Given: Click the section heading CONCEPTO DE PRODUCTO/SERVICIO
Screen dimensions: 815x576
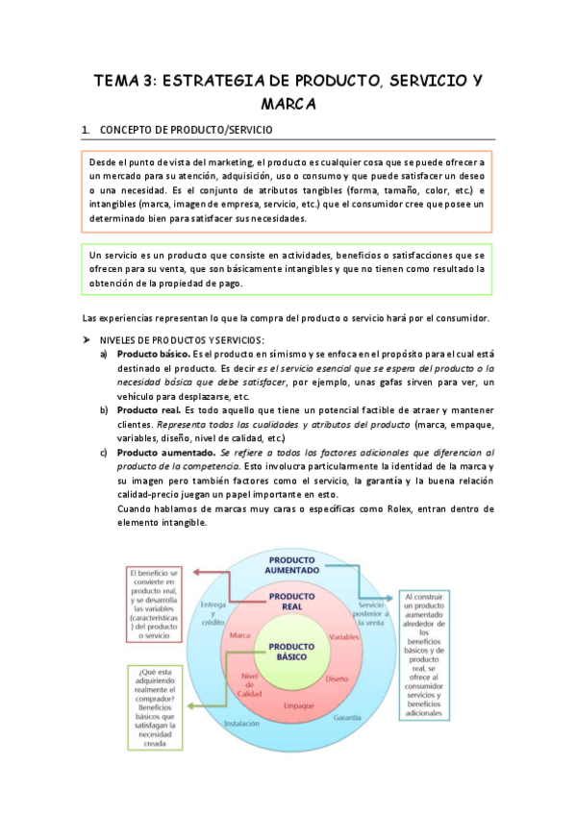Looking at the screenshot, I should (186, 130).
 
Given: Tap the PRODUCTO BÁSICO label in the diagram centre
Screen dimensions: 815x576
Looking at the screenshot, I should (288, 652).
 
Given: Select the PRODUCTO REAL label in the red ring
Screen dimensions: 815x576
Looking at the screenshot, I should (286, 603).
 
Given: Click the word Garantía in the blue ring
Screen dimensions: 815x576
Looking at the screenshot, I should (347, 717).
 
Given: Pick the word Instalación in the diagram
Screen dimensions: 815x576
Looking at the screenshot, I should (240, 723).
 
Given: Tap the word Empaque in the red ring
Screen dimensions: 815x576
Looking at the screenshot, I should (298, 705).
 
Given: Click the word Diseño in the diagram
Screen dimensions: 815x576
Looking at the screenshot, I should (337, 679).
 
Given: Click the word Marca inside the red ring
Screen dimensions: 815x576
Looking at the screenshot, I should (239, 636).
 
